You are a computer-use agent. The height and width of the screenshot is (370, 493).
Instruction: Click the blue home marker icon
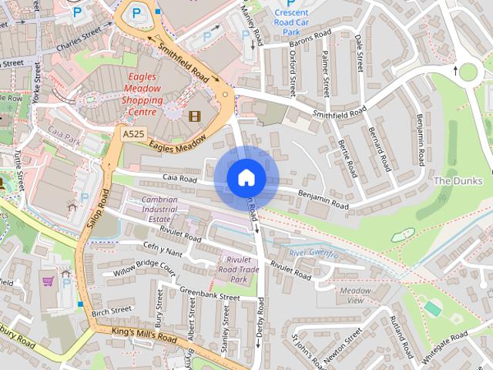[246, 178]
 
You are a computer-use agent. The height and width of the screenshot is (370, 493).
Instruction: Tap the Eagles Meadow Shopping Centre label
[142, 94]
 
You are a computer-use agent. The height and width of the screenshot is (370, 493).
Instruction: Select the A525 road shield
[132, 133]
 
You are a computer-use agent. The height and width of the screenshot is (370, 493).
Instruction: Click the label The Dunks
[457, 180]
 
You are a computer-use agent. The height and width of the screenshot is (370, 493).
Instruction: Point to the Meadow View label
[357, 295]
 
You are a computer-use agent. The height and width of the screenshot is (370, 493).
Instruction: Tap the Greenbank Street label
[209, 294]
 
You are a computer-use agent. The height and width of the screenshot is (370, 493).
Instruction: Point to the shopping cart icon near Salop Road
[48, 281]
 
